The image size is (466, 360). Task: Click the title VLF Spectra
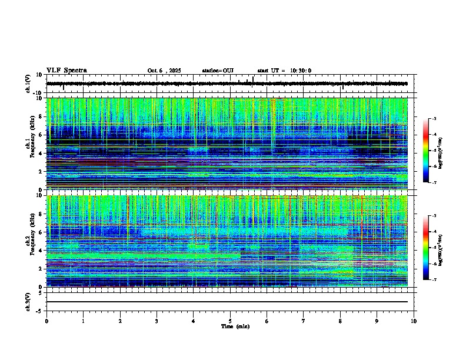tap(66, 71)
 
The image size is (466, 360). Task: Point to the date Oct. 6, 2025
tap(166, 71)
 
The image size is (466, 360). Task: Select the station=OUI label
tap(218, 71)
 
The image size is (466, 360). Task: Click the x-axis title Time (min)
tap(235, 326)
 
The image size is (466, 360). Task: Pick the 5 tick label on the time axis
tap(230, 321)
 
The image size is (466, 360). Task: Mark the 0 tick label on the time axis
tap(46, 321)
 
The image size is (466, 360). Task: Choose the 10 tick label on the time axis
tap(414, 321)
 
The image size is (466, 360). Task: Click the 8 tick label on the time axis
tap(340, 321)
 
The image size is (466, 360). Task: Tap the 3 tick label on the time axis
tap(157, 321)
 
